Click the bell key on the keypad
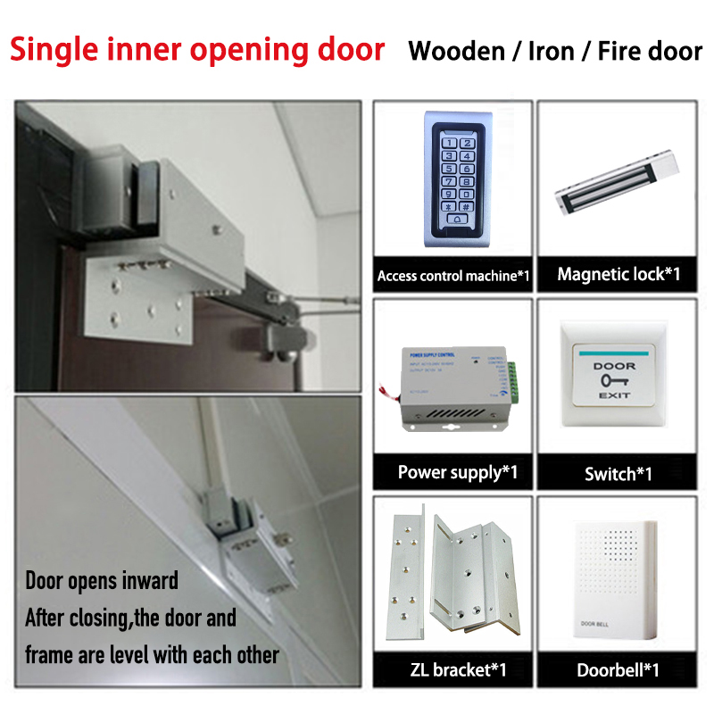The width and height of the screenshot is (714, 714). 461,219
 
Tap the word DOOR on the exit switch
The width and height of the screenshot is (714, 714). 615,366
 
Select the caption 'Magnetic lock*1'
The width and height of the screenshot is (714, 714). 619,274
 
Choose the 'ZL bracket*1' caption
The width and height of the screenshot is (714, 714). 452,669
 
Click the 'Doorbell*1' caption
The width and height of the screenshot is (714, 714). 618,669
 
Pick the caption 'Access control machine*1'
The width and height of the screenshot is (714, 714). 453,276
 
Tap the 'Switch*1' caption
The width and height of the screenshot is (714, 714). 618,474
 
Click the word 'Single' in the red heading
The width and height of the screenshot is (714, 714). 60,48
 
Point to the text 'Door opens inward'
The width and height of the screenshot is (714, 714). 102,581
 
